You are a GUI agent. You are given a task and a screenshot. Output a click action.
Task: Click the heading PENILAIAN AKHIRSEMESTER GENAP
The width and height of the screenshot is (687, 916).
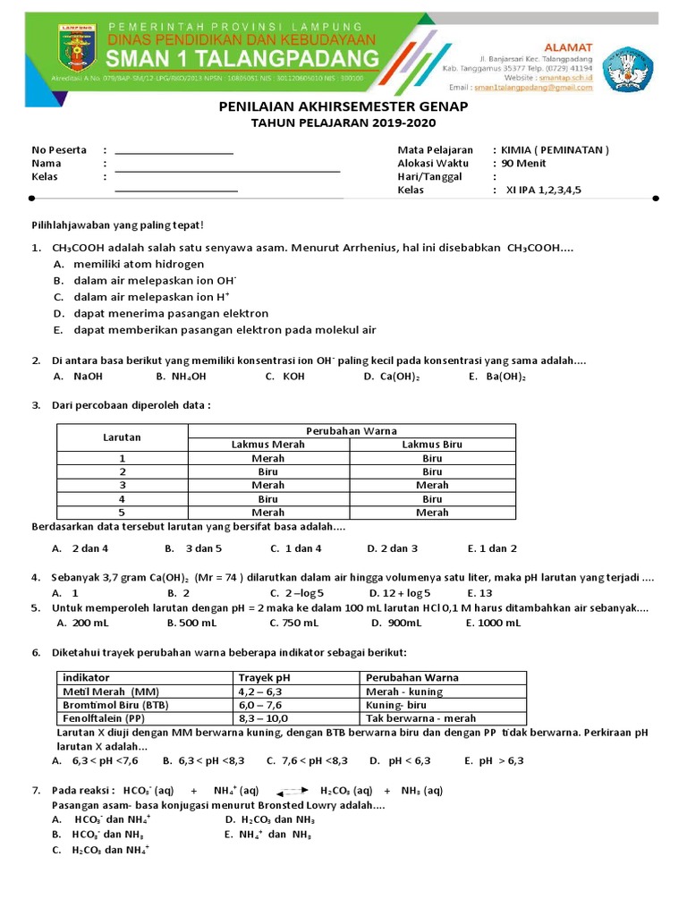343,106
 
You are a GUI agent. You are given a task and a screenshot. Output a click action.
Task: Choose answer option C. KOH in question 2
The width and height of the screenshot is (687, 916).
284,377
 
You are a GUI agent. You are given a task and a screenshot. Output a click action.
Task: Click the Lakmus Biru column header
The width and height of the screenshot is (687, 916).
432,445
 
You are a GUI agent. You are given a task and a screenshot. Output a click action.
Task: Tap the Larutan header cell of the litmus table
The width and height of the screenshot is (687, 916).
122,437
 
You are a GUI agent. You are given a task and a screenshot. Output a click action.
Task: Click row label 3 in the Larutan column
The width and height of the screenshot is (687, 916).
122,485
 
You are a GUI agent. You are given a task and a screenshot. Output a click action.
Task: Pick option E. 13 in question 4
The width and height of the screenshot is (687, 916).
479,592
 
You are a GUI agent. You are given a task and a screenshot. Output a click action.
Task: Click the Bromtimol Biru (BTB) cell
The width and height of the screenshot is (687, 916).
114,704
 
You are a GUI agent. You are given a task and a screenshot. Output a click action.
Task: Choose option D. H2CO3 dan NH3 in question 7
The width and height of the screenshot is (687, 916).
269,818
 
